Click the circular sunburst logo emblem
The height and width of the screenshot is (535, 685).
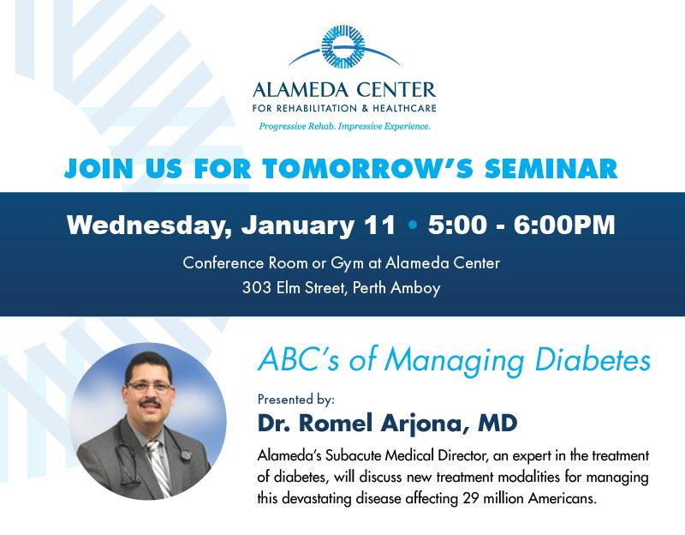(343, 47)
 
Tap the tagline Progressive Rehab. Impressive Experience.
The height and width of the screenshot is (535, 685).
(345, 126)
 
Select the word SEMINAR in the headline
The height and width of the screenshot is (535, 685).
(551, 168)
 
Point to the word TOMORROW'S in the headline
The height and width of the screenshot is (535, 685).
(368, 168)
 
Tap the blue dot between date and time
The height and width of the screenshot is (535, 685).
(412, 225)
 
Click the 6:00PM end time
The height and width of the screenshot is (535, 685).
(564, 225)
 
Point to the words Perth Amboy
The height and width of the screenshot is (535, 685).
(396, 288)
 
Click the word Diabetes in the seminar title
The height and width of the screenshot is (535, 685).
(593, 360)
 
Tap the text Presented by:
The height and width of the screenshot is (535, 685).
(295, 400)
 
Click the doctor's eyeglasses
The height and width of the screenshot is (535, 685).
(148, 387)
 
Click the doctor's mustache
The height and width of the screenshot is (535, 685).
(150, 401)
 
